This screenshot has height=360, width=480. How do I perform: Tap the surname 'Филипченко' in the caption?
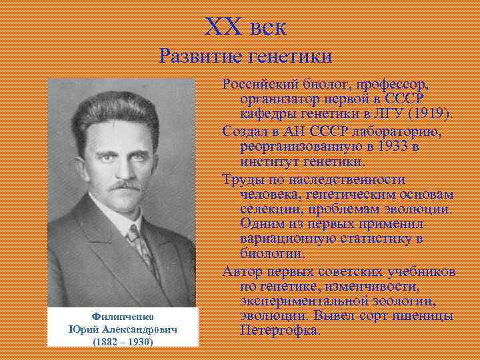(x=122, y=317)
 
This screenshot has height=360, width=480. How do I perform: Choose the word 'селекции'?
(x=267, y=209)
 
